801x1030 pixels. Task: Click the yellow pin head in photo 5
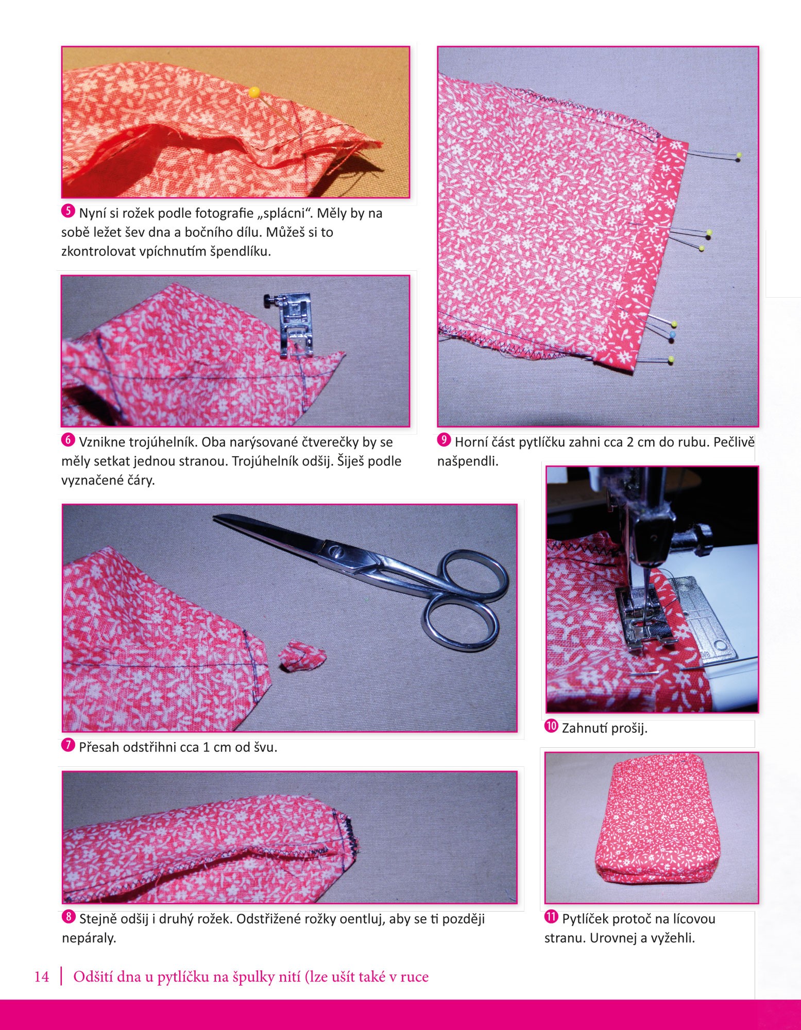[x=254, y=92]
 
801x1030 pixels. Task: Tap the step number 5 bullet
[x=68, y=211]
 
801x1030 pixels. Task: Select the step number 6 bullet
[x=68, y=440]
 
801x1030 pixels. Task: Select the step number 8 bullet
[x=68, y=917]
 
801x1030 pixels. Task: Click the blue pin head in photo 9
[x=672, y=335]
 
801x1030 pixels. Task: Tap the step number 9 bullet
[x=444, y=440]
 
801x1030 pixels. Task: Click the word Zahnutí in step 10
[x=584, y=729]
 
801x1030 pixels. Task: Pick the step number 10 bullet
[x=551, y=726]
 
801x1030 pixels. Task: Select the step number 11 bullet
[x=551, y=917]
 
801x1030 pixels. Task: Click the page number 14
[x=42, y=977]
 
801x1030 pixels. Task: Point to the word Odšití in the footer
[x=92, y=977]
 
